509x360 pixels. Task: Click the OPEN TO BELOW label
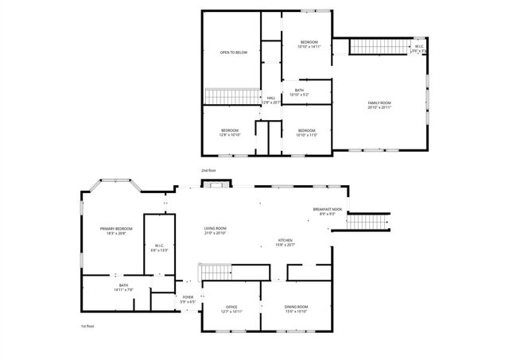click(234, 52)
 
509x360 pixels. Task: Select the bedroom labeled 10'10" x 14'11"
click(309, 44)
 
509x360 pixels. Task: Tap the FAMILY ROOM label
click(379, 105)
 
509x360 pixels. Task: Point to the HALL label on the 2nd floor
click(271, 99)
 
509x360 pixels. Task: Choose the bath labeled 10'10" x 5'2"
click(299, 92)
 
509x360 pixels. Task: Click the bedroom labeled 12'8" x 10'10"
click(230, 132)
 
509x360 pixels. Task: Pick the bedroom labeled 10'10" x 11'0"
click(307, 132)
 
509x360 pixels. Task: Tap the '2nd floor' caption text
click(208, 170)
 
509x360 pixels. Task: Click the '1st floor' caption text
click(87, 326)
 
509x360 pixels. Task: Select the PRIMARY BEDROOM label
click(116, 230)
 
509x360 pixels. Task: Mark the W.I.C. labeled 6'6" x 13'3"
click(159, 247)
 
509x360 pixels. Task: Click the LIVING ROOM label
click(216, 230)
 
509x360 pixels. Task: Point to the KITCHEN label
click(285, 242)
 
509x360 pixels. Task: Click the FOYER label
click(188, 300)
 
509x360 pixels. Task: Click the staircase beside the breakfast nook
click(367, 220)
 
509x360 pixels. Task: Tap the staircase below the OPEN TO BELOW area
click(230, 97)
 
